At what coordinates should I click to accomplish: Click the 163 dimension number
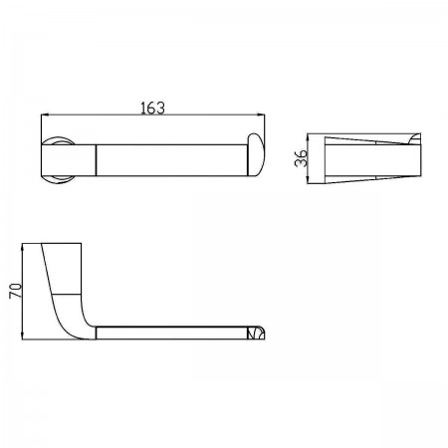pyautogui.click(x=152, y=109)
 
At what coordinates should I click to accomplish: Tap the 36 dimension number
pyautogui.click(x=302, y=158)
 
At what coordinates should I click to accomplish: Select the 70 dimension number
pyautogui.click(x=15, y=291)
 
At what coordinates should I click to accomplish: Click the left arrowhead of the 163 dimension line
pyautogui.click(x=45, y=114)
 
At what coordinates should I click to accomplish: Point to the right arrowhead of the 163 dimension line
pyautogui.click(x=261, y=114)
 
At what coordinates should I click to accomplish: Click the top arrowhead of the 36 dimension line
pyautogui.click(x=309, y=137)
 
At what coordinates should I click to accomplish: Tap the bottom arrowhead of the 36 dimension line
pyautogui.click(x=309, y=179)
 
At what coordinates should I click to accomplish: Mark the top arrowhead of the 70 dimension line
pyautogui.click(x=22, y=247)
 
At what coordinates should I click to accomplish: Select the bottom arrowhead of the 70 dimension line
pyautogui.click(x=22, y=336)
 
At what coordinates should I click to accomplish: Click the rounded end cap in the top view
pyautogui.click(x=256, y=154)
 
